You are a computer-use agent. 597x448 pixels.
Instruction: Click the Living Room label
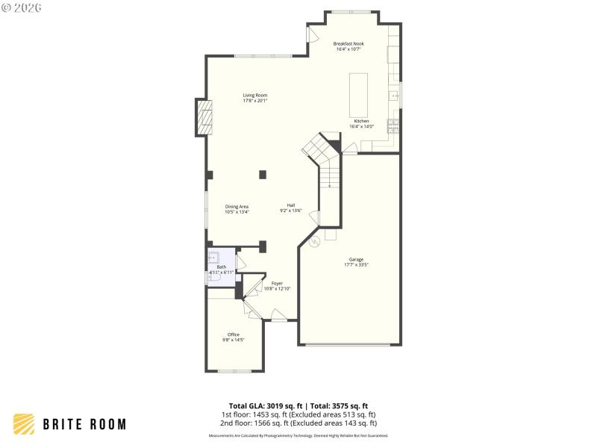click(x=254, y=95)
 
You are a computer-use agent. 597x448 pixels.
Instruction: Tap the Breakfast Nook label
click(x=348, y=44)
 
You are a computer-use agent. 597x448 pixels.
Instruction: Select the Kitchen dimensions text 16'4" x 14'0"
click(x=361, y=126)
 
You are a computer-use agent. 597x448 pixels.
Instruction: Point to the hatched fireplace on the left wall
click(x=204, y=118)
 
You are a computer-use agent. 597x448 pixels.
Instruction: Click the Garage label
click(x=356, y=259)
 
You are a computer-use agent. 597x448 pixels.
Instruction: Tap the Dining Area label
click(x=237, y=206)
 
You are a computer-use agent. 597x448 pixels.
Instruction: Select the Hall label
click(x=291, y=205)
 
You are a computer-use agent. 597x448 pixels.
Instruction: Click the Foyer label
click(x=277, y=283)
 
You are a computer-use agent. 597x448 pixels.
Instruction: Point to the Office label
click(x=234, y=334)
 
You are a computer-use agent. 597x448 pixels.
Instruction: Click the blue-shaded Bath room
click(x=222, y=267)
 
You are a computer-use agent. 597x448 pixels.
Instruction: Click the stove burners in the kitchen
click(x=393, y=125)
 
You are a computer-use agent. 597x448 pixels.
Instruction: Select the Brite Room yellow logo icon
click(x=24, y=424)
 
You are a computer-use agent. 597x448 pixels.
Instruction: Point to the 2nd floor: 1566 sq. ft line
click(x=298, y=423)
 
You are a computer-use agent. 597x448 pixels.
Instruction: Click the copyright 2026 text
click(x=22, y=7)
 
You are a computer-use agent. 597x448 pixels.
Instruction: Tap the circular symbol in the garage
click(x=315, y=241)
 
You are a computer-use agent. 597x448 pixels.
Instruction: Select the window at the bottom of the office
click(x=234, y=371)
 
